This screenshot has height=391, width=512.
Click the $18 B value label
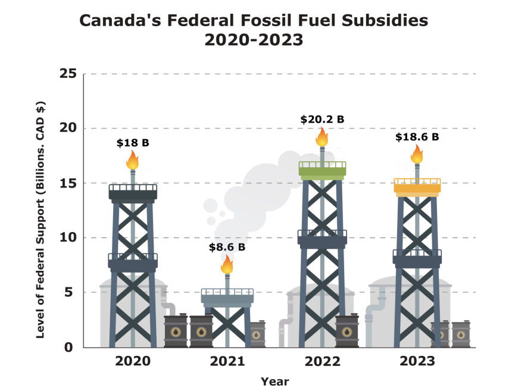coord(132,143)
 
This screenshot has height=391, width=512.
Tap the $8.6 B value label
coord(227,246)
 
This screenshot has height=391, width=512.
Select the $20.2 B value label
coord(322,119)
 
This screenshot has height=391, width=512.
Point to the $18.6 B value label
coord(417,137)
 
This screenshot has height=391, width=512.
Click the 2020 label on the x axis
coord(132,361)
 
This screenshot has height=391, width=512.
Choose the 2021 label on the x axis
coord(227,361)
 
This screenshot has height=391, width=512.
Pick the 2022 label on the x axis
coord(322,361)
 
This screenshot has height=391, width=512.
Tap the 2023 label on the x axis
coord(417,361)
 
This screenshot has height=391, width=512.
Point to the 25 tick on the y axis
coord(69,74)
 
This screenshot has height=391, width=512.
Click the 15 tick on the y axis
coord(69,183)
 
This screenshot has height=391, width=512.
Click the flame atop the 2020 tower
coord(132,160)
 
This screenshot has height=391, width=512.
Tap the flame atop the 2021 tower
coord(227,264)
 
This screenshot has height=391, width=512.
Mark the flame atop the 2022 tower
coord(322,137)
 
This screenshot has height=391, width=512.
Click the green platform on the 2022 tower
coord(322,172)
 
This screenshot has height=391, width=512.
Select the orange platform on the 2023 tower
coord(417,188)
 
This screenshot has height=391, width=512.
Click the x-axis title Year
coord(274,381)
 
